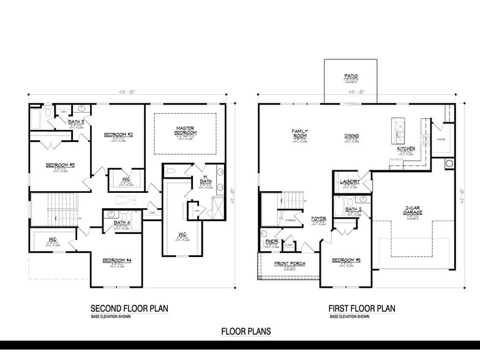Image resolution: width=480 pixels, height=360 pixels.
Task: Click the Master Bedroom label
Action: [186, 130]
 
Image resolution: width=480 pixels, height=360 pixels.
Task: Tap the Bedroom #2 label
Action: [119, 134]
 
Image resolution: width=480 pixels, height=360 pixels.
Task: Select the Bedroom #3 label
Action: [60, 165]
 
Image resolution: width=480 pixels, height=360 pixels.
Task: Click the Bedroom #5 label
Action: [346, 261]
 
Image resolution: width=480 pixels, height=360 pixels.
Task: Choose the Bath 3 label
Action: [77, 122]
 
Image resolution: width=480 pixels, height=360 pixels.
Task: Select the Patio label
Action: [351, 77]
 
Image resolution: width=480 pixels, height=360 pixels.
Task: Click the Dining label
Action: [351, 136]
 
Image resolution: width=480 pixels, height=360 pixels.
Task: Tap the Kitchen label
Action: [406, 149]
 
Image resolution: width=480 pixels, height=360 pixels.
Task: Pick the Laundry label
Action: [350, 182]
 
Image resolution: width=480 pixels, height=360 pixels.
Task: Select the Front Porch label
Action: [290, 264]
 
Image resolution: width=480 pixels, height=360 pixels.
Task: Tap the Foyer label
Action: [318, 218]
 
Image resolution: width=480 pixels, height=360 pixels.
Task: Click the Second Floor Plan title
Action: [129, 308]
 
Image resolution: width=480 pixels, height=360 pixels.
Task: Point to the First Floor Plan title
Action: [362, 308]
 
